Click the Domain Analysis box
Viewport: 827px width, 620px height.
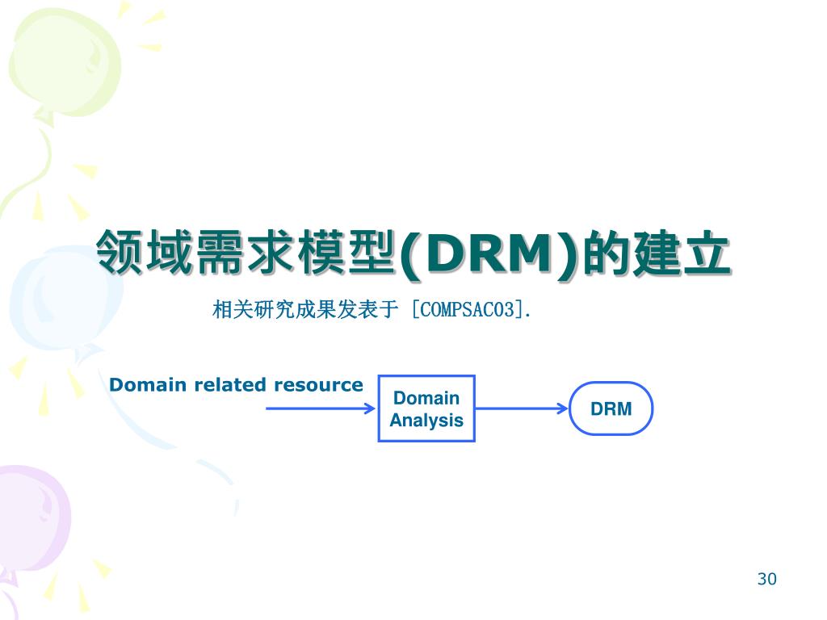pos(426,408)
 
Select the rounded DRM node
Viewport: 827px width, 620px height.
pos(611,408)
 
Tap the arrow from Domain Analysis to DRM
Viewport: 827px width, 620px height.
pos(522,408)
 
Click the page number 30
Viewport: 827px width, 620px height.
pos(766,579)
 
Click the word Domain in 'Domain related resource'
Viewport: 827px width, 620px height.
pos(148,385)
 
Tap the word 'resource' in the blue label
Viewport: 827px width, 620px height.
pos(318,385)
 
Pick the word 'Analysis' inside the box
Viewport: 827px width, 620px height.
pos(426,421)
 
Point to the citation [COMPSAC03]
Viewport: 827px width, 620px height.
pos(467,309)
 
